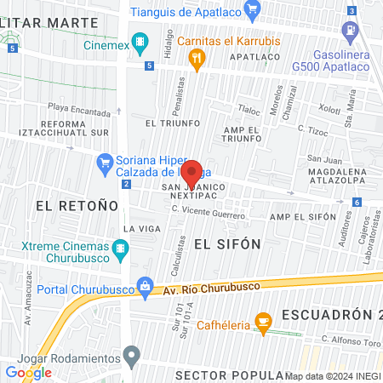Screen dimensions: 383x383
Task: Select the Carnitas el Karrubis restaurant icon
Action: pos(197,58)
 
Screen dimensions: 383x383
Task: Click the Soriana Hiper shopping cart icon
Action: pos(106,161)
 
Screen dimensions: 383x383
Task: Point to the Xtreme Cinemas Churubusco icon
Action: pos(122,249)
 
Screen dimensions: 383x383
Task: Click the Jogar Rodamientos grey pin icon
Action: pos(130,353)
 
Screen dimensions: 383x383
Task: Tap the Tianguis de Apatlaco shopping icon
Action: pos(251,10)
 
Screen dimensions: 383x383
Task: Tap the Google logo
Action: pos(28,372)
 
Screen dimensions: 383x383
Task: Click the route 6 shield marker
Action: pos(357,202)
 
